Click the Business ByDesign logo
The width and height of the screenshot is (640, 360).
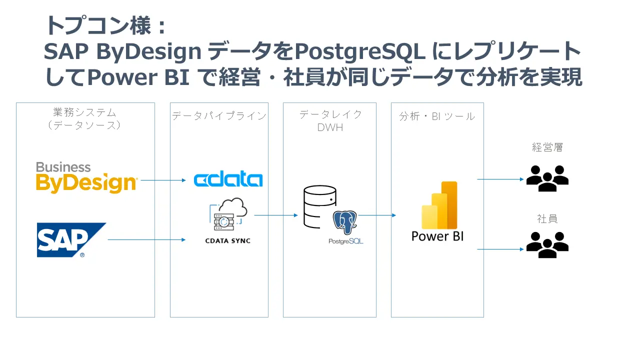click(86, 177)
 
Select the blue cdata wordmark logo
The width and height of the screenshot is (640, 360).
click(228, 179)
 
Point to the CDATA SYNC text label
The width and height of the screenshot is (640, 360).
click(227, 241)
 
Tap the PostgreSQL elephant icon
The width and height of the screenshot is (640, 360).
click(345, 222)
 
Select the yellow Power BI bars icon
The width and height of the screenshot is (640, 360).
click(439, 205)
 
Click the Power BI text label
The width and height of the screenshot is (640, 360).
click(437, 236)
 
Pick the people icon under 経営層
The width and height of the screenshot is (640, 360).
click(547, 178)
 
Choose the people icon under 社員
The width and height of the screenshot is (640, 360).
click(547, 244)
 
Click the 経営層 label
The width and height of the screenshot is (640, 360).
click(547, 148)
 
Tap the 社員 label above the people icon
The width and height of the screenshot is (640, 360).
click(547, 219)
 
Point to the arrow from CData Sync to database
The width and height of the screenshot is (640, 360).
click(276, 215)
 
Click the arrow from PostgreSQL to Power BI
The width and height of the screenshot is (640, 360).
click(377, 215)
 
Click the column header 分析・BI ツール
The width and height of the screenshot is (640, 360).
click(437, 116)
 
